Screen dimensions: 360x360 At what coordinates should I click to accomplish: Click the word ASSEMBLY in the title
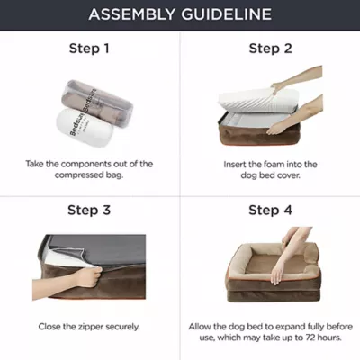coord(132,14)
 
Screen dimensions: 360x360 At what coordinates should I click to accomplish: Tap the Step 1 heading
coord(89,49)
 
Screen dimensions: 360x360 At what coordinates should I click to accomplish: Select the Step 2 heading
coord(270,49)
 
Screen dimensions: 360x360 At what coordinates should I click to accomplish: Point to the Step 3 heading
coord(89,210)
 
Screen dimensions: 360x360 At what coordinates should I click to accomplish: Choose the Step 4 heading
coord(270,210)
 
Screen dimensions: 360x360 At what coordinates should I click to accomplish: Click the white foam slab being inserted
coord(257,101)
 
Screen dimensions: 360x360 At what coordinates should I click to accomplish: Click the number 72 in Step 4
coord(311,337)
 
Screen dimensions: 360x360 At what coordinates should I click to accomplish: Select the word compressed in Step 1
coord(78,175)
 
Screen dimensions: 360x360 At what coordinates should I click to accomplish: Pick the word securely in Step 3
coord(122,327)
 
